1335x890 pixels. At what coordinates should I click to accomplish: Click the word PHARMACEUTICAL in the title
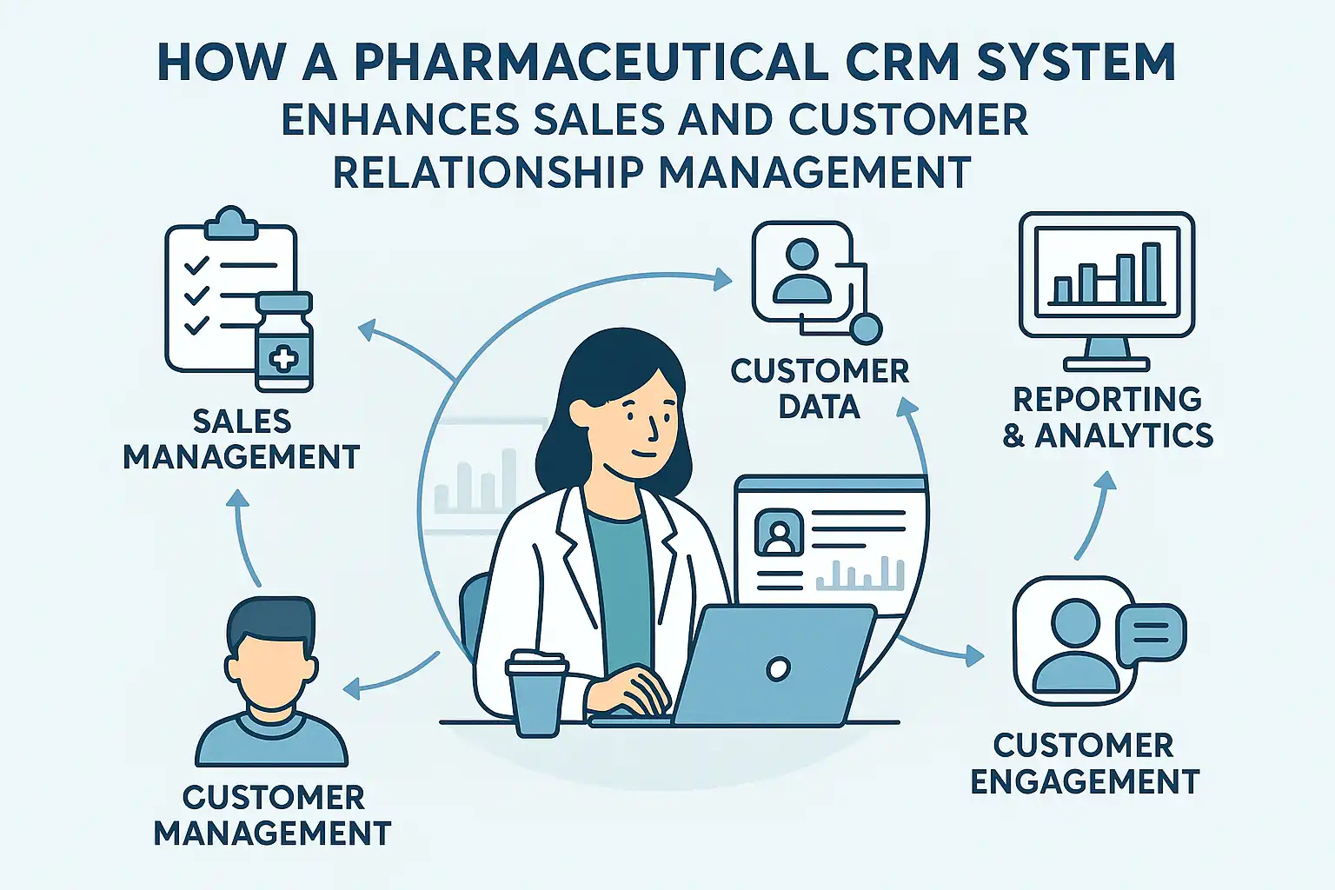(591, 62)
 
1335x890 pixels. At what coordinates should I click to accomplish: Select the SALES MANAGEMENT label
(241, 439)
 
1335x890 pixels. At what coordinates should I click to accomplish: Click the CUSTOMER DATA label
(820, 389)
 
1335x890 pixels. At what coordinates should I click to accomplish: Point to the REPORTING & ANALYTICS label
(1107, 417)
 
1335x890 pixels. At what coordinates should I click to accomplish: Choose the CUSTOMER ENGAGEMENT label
(1085, 763)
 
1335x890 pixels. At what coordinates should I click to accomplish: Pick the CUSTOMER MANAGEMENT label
(272, 815)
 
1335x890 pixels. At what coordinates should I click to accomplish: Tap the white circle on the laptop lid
(779, 668)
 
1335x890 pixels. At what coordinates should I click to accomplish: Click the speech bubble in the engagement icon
(1151, 634)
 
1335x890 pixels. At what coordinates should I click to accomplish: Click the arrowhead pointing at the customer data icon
(721, 279)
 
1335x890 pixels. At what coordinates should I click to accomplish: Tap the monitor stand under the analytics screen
(1106, 354)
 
